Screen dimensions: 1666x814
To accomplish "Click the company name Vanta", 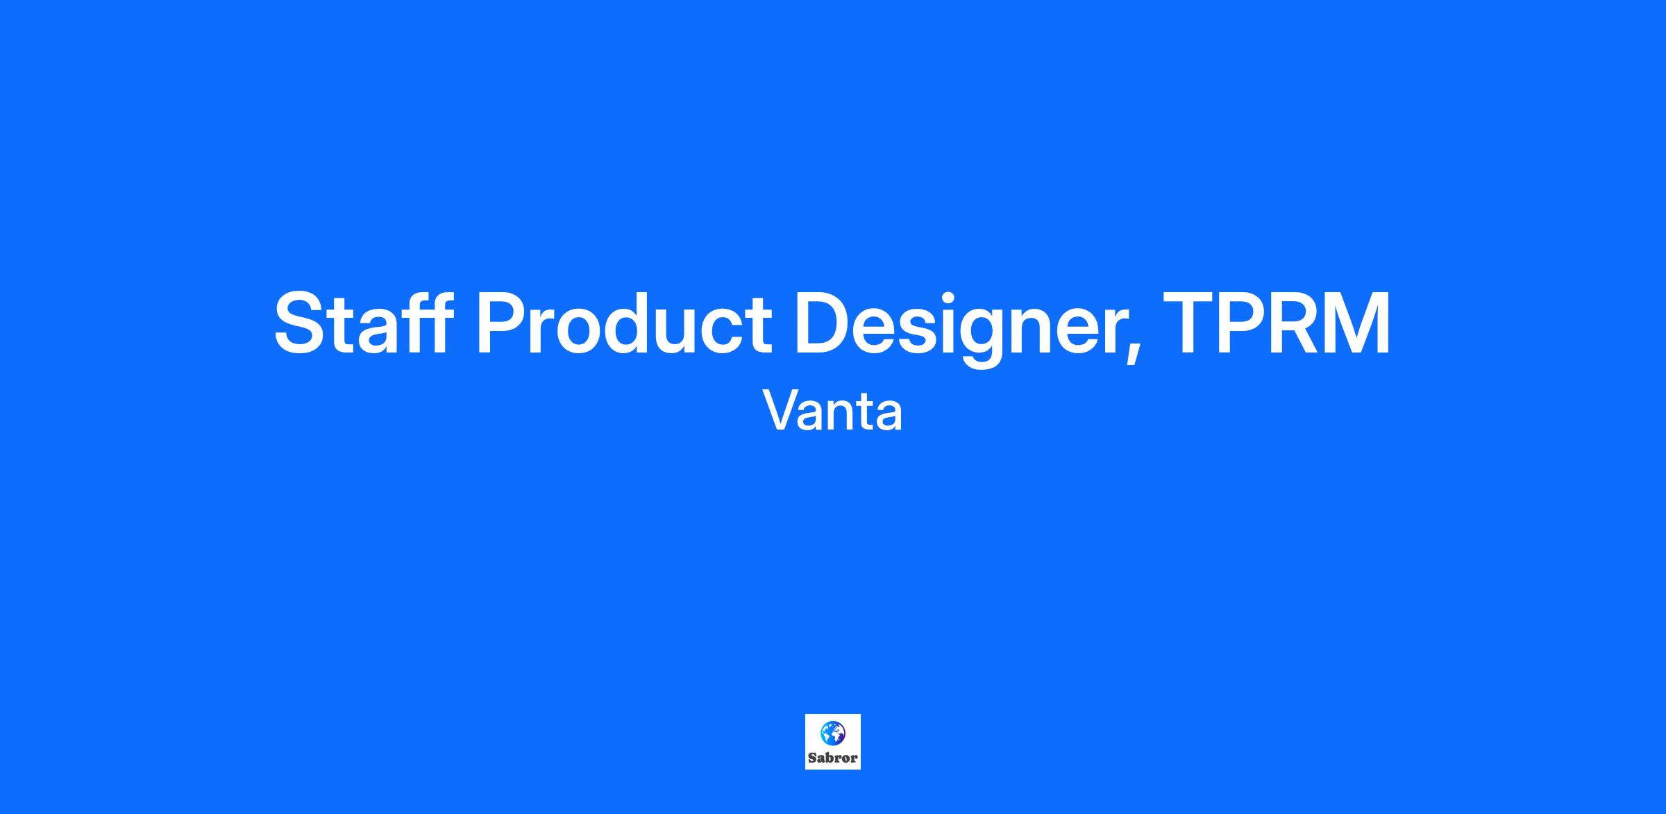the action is (x=833, y=410).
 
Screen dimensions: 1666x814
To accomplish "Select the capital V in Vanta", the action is (x=782, y=410).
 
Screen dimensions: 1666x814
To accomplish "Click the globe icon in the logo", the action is (x=833, y=733).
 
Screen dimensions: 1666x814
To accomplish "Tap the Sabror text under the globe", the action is (x=833, y=758).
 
